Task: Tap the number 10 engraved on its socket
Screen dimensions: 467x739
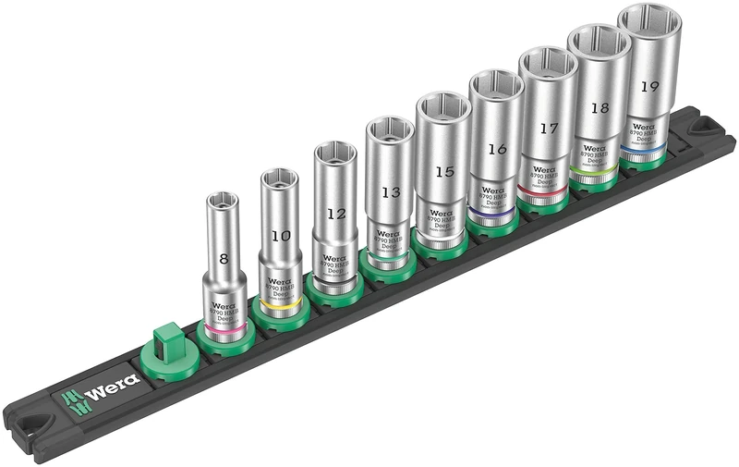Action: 280,236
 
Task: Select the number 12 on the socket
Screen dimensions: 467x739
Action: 336,213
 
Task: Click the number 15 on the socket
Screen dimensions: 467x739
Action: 444,171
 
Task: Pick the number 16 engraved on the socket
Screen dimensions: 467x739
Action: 497,149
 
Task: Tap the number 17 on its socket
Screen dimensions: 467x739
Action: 549,129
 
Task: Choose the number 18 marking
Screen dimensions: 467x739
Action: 600,107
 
